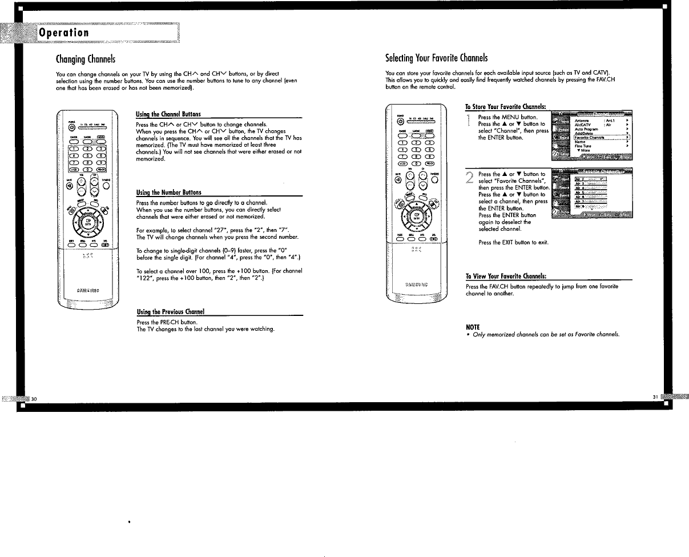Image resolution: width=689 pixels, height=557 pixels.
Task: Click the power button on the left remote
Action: pyautogui.click(x=72, y=127)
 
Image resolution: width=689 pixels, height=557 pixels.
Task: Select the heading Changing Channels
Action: pyautogui.click(x=86, y=59)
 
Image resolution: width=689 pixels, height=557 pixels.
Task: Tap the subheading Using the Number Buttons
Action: pyautogui.click(x=168, y=193)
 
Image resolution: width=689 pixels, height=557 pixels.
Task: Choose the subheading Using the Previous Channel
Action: pyautogui.click(x=171, y=311)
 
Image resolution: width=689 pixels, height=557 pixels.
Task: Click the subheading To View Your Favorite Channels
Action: pyautogui.click(x=506, y=276)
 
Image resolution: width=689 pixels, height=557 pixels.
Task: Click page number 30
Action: pyautogui.click(x=34, y=398)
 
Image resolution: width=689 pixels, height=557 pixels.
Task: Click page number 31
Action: pyautogui.click(x=655, y=397)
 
